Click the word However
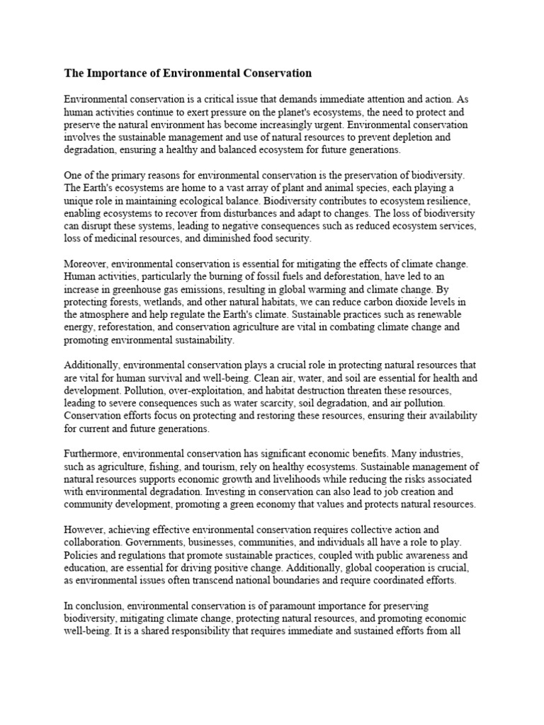pyautogui.click(x=83, y=530)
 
